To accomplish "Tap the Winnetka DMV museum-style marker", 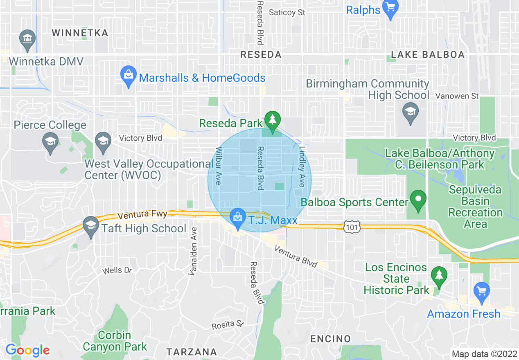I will coord(27,39).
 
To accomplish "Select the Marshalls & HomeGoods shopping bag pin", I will coord(129,76).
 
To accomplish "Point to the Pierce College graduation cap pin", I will coord(50,143).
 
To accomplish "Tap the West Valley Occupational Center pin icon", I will coord(103,142).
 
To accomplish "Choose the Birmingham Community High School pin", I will coord(410,112).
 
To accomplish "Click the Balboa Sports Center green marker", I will coord(418,200).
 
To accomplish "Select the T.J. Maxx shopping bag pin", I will coord(237,218).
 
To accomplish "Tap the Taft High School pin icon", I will coord(90,226).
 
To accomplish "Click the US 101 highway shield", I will coord(352,227).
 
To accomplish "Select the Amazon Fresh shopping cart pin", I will coord(482,291).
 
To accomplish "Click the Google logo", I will coord(27,350).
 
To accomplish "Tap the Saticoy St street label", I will coord(287,13).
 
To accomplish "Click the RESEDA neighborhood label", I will coord(261,54).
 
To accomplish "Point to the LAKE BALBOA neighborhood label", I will coord(428,54).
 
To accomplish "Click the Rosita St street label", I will coord(228,325).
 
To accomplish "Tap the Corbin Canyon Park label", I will coord(115,341).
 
